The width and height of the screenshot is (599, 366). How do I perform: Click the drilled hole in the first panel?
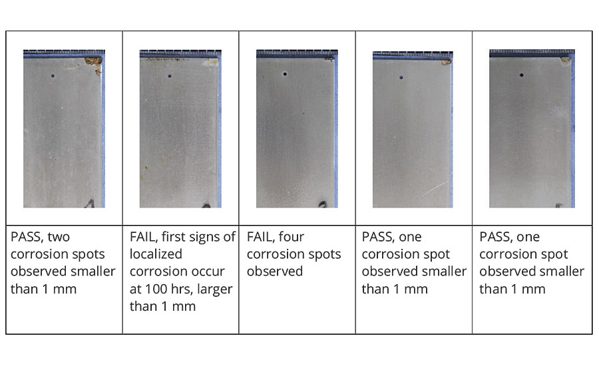tap(53, 76)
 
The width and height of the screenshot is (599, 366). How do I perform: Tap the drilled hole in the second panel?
tap(170, 76)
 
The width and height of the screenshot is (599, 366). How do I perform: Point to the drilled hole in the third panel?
tap(285, 74)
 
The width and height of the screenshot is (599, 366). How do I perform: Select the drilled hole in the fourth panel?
tap(401, 77)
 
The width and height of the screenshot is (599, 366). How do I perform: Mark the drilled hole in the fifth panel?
tap(521, 75)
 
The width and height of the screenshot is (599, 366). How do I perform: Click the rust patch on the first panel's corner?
tap(94, 61)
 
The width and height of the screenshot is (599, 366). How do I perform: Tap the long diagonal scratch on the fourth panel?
tap(435, 188)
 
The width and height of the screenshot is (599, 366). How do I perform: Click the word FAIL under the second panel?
tap(143, 237)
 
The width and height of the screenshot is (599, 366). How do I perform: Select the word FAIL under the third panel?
tap(260, 237)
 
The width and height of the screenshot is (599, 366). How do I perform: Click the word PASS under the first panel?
tap(27, 237)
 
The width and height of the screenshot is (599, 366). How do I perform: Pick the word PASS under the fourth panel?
tap(378, 237)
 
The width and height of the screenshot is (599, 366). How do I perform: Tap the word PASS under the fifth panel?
tap(495, 237)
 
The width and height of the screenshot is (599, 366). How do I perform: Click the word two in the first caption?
tap(59, 238)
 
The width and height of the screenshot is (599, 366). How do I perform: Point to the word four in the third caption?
tap(291, 237)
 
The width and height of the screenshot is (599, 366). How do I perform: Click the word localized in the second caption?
tap(156, 254)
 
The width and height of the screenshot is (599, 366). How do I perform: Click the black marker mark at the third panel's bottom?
tap(323, 204)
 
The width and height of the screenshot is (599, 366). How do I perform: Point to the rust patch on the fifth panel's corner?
tap(565, 60)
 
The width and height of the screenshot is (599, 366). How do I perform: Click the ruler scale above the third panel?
tap(297, 52)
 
